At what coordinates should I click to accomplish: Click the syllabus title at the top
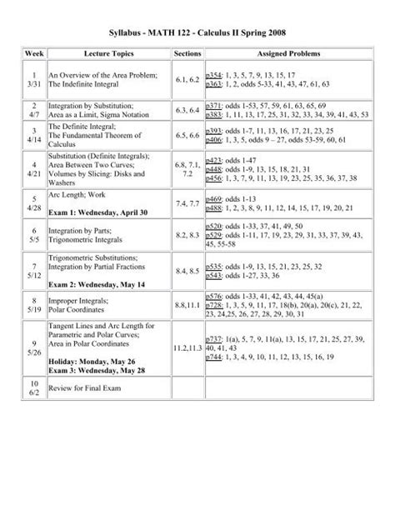click(x=197, y=31)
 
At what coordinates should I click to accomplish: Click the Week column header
click(x=32, y=52)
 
